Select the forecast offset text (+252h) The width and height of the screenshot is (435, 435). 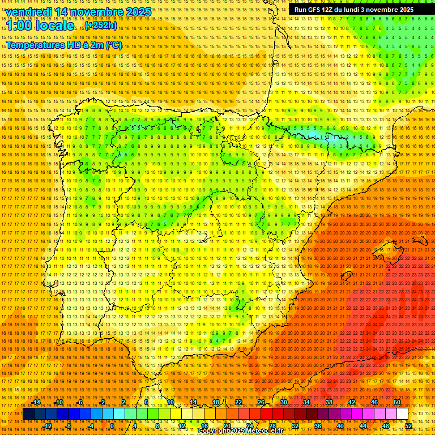(101, 25)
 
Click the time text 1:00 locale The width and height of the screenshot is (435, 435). (40, 25)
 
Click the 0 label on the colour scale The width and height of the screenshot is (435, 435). (112, 426)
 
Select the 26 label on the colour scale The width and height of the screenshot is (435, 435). (261, 402)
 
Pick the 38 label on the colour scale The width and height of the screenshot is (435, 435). (329, 402)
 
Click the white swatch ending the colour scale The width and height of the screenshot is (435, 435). (402, 414)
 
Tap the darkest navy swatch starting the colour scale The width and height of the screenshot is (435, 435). (28, 414)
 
